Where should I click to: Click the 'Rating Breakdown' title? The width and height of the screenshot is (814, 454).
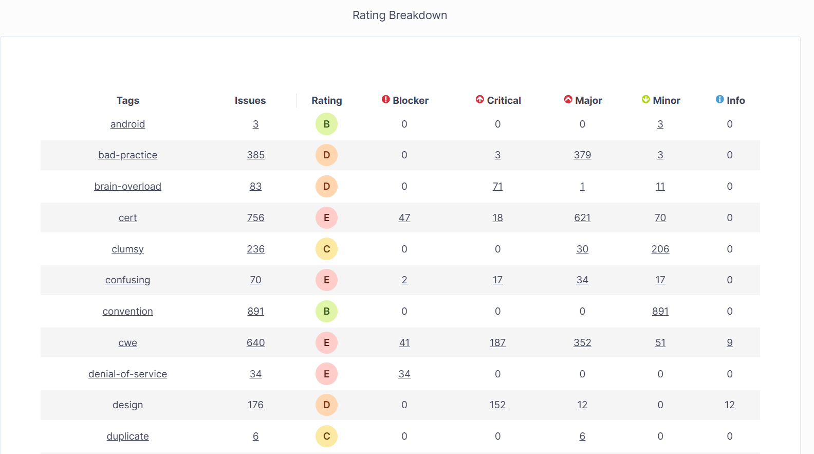[x=399, y=15]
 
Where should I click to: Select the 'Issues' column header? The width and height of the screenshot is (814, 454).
[x=250, y=100]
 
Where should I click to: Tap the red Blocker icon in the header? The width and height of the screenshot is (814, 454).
[x=386, y=99]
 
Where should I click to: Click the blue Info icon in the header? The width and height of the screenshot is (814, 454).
[x=720, y=99]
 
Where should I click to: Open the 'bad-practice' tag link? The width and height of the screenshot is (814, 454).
[x=128, y=155]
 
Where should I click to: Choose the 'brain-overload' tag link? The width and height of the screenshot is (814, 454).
[x=128, y=187]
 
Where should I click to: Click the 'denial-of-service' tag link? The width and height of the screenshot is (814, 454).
[x=128, y=374]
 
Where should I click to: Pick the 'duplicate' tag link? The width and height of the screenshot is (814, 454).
[x=128, y=437]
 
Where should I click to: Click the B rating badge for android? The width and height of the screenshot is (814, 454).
[x=326, y=124]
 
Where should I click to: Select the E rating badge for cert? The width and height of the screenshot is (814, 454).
[x=326, y=218]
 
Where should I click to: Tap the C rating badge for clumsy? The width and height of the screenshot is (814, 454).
[x=326, y=249]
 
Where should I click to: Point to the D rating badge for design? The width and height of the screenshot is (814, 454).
[x=326, y=405]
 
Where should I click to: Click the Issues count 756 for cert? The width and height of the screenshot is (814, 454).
[x=255, y=218]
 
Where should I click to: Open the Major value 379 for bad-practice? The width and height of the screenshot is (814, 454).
[x=582, y=155]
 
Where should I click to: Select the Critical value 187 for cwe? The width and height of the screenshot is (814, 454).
[x=497, y=343]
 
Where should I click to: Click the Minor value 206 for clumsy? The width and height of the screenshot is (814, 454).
[x=660, y=249]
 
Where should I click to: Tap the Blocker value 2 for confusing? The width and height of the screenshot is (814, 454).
[x=404, y=280]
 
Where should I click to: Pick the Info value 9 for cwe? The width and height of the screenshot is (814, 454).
[x=730, y=343]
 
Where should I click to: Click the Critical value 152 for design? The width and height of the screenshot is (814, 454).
[x=497, y=405]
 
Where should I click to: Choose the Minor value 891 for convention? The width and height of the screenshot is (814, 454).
[x=660, y=312]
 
